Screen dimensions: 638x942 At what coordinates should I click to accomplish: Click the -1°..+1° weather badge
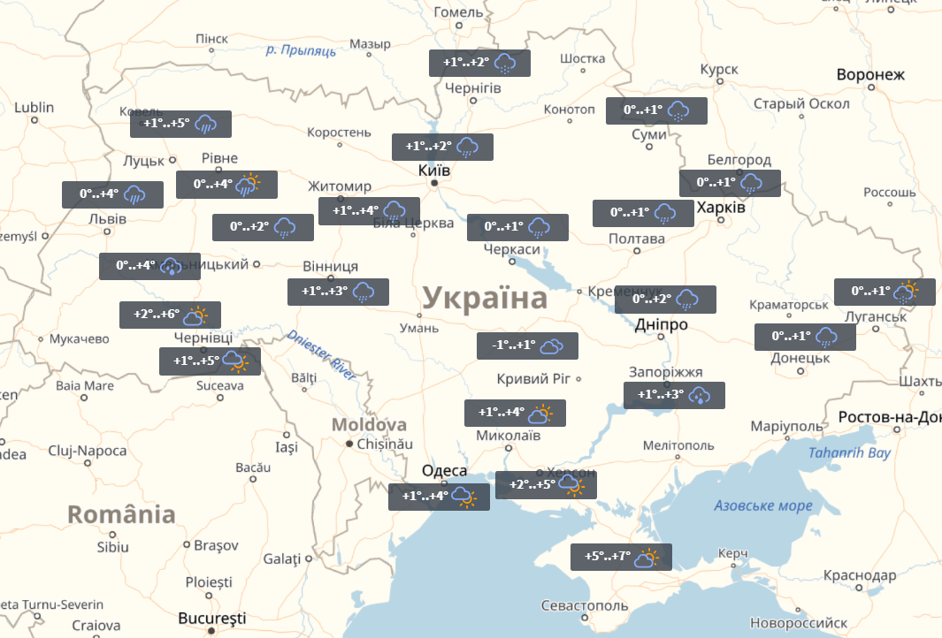point(527,346)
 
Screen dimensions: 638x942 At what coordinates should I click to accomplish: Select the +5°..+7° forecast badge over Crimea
point(622,557)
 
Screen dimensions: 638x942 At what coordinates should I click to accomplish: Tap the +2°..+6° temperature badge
point(170,315)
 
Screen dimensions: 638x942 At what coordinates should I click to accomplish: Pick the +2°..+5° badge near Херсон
point(546,484)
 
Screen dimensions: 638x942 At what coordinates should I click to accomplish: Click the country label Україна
point(484,298)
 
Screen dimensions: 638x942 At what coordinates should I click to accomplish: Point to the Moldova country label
point(369,425)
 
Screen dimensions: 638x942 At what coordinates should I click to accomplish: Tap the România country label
point(121,514)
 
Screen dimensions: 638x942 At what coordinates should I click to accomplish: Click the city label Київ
point(434,170)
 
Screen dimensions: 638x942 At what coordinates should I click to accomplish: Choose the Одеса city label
point(444,470)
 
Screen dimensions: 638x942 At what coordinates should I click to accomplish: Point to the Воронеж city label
point(870,74)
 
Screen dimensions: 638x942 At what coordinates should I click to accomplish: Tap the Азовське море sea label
point(762,506)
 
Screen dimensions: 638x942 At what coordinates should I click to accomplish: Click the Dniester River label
point(322,355)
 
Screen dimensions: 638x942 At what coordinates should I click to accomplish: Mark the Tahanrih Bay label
point(849,453)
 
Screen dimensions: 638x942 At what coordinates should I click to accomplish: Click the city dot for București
point(211,631)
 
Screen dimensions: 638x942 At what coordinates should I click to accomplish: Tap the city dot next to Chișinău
point(349,444)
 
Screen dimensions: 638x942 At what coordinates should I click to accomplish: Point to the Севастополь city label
point(585,606)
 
